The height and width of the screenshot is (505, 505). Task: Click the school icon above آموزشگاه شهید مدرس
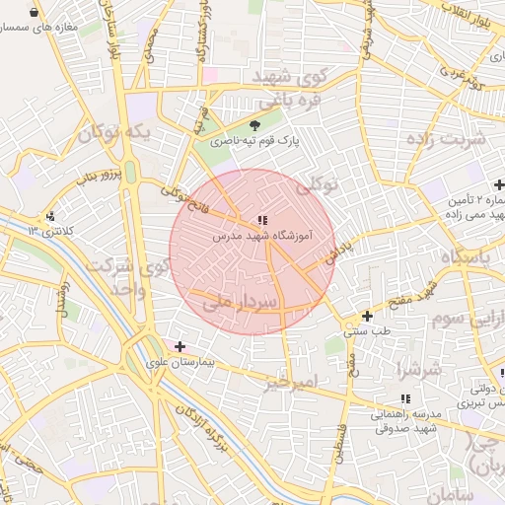coord(261,220)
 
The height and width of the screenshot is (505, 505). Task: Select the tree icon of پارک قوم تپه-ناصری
coord(256,125)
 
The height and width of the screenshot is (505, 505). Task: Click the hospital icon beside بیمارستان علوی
coord(180,346)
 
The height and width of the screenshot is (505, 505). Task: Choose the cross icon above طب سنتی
coord(367,317)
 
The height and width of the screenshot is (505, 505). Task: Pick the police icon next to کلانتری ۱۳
coord(50,215)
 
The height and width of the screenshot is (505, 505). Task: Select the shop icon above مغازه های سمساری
coord(36,13)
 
